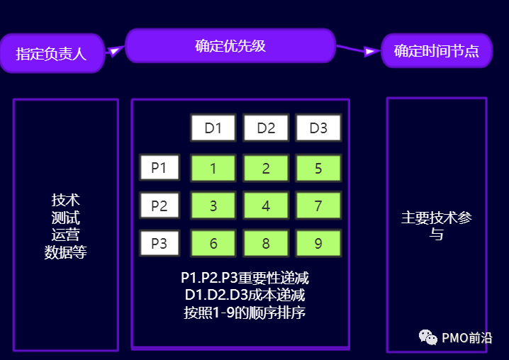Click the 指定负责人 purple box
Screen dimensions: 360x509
(51, 53)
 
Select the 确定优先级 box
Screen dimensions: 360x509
(230, 46)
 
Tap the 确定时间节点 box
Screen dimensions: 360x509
(436, 51)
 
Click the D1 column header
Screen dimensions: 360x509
(213, 128)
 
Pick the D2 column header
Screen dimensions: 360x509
(266, 128)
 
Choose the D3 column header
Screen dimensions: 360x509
(318, 128)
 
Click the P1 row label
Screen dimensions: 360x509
(160, 168)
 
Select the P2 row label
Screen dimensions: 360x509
(160, 206)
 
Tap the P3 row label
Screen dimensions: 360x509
(160, 244)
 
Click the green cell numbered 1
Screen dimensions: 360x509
(213, 169)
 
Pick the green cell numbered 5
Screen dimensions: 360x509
(318, 169)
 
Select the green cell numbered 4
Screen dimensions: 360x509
(266, 206)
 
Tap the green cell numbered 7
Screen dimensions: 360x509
(318, 206)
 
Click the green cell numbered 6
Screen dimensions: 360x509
(213, 244)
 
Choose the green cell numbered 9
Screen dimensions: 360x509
(318, 244)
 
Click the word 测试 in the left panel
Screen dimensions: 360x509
(65, 217)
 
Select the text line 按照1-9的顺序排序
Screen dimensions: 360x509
(245, 312)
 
